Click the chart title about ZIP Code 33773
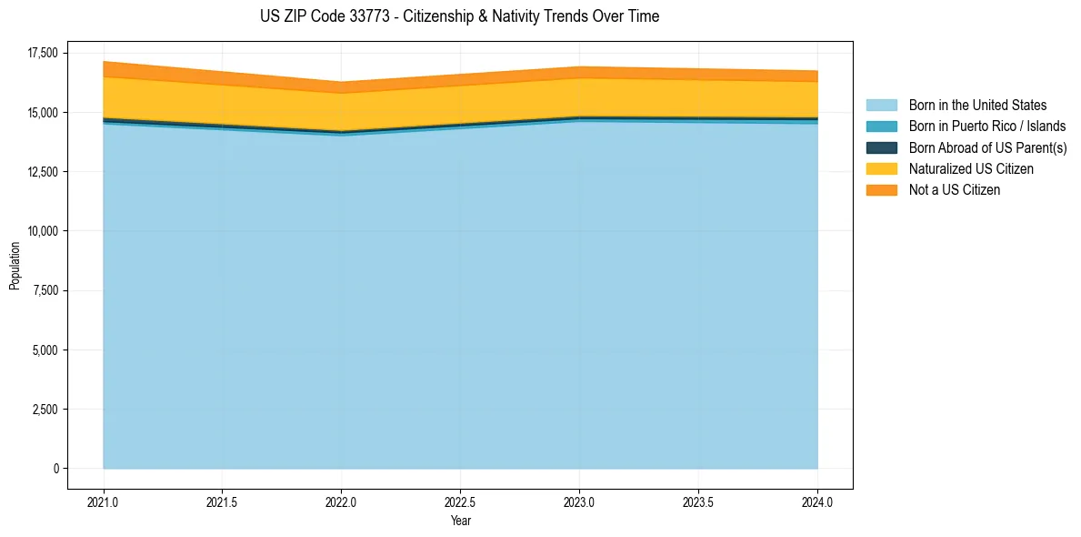click(459, 16)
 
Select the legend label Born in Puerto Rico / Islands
click(987, 127)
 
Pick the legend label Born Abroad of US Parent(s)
click(987, 147)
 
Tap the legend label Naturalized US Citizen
click(971, 169)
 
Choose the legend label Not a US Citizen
click(954, 190)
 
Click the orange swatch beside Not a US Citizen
click(881, 190)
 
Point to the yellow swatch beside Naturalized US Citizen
click(881, 169)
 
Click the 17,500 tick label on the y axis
click(42, 53)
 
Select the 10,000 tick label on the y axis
click(42, 231)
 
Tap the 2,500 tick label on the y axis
click(45, 410)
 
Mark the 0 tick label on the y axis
click(55, 469)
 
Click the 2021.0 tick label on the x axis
click(103, 502)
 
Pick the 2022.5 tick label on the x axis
click(460, 502)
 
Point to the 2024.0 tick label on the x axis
click(817, 502)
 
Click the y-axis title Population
click(15, 266)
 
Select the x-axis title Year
click(460, 521)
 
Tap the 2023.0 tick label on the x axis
click(579, 502)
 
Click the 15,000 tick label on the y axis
click(42, 113)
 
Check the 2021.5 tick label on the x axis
click(222, 502)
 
